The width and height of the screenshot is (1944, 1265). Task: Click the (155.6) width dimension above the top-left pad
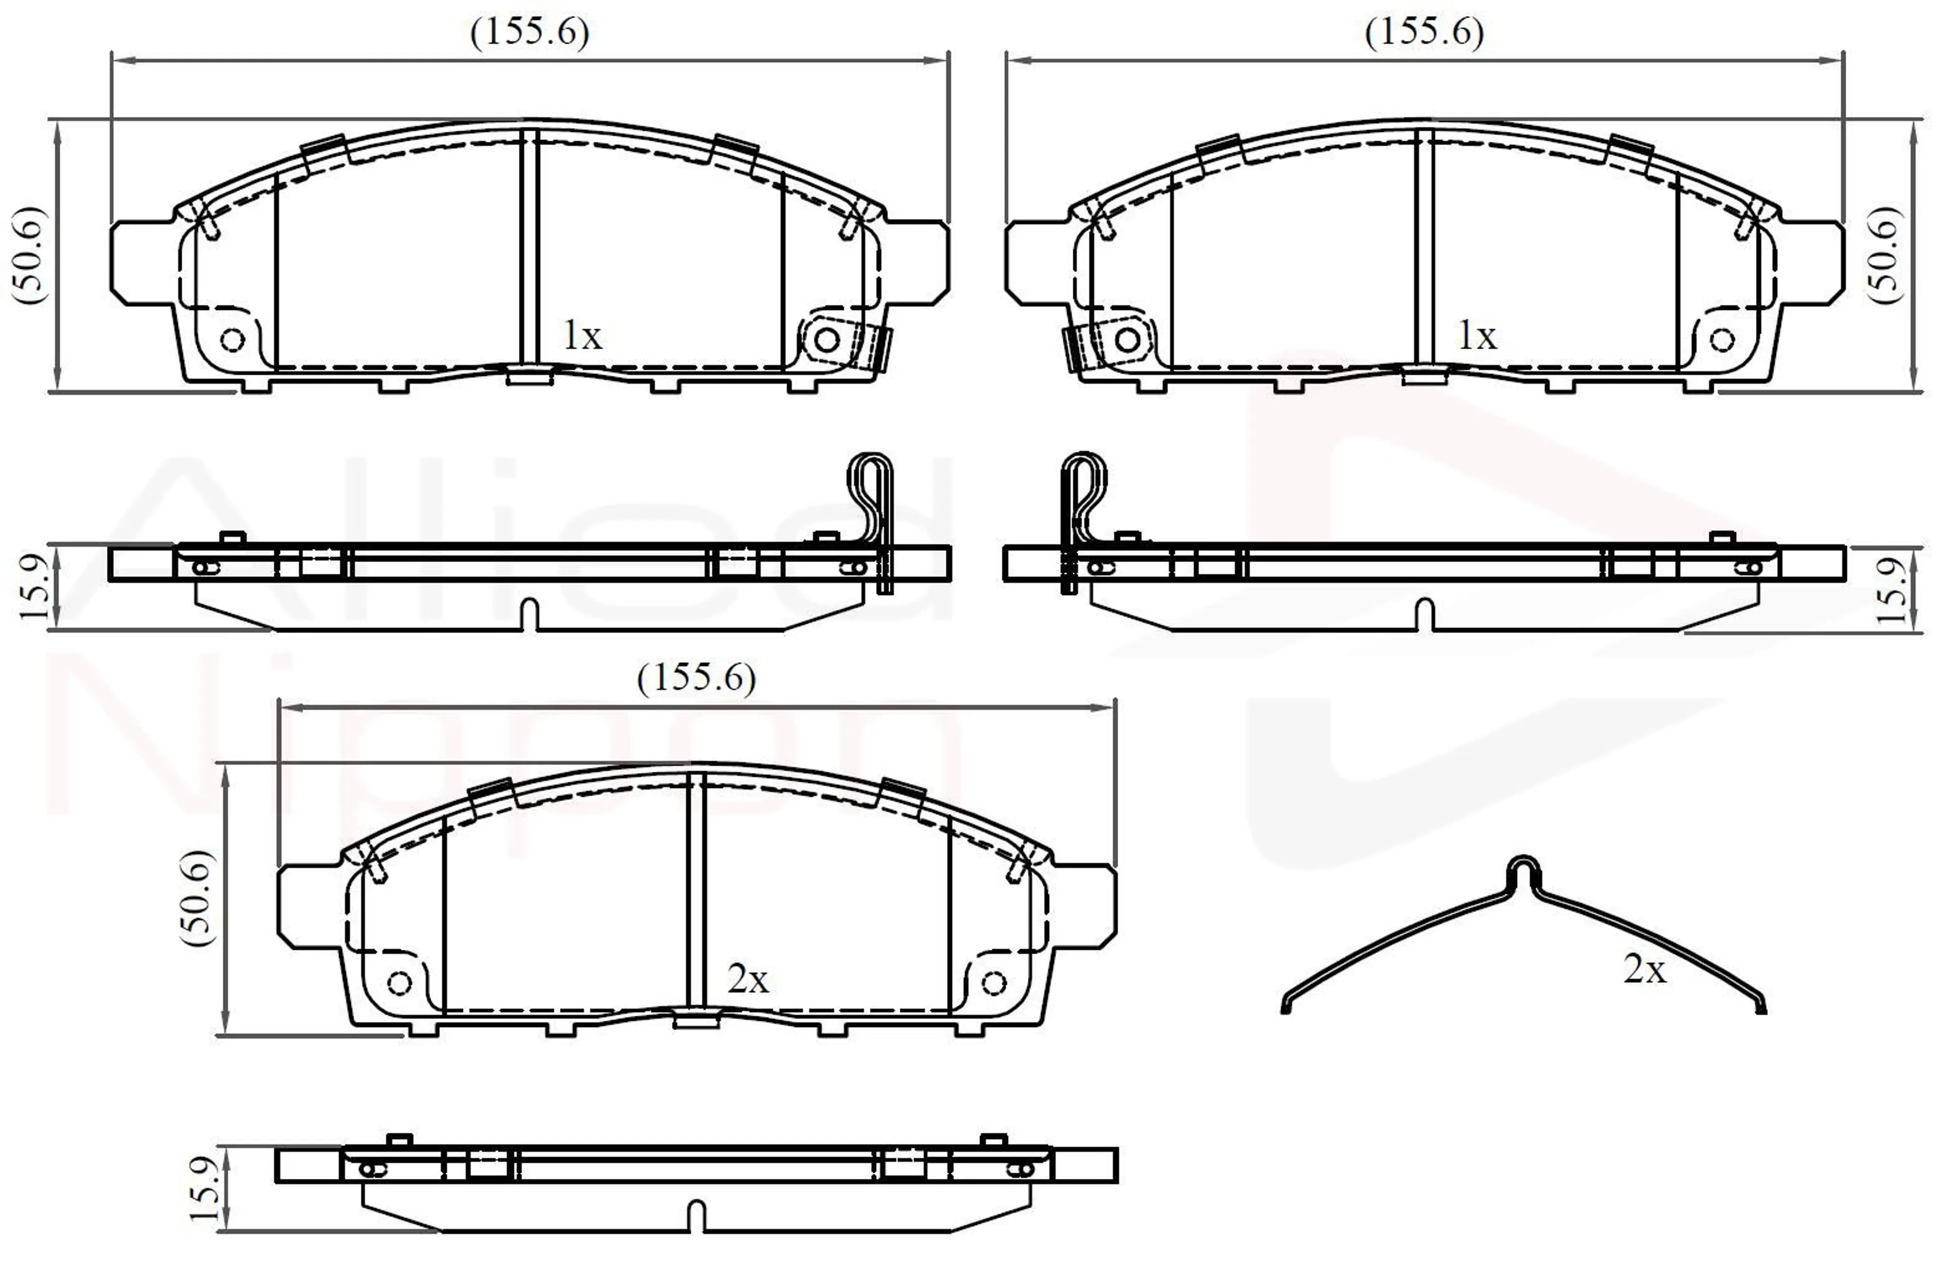point(530,33)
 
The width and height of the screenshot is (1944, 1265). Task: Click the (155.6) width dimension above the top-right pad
point(1425,33)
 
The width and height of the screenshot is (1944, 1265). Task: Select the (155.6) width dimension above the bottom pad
point(696,678)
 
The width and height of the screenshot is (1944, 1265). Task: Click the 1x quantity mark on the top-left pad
point(582,335)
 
